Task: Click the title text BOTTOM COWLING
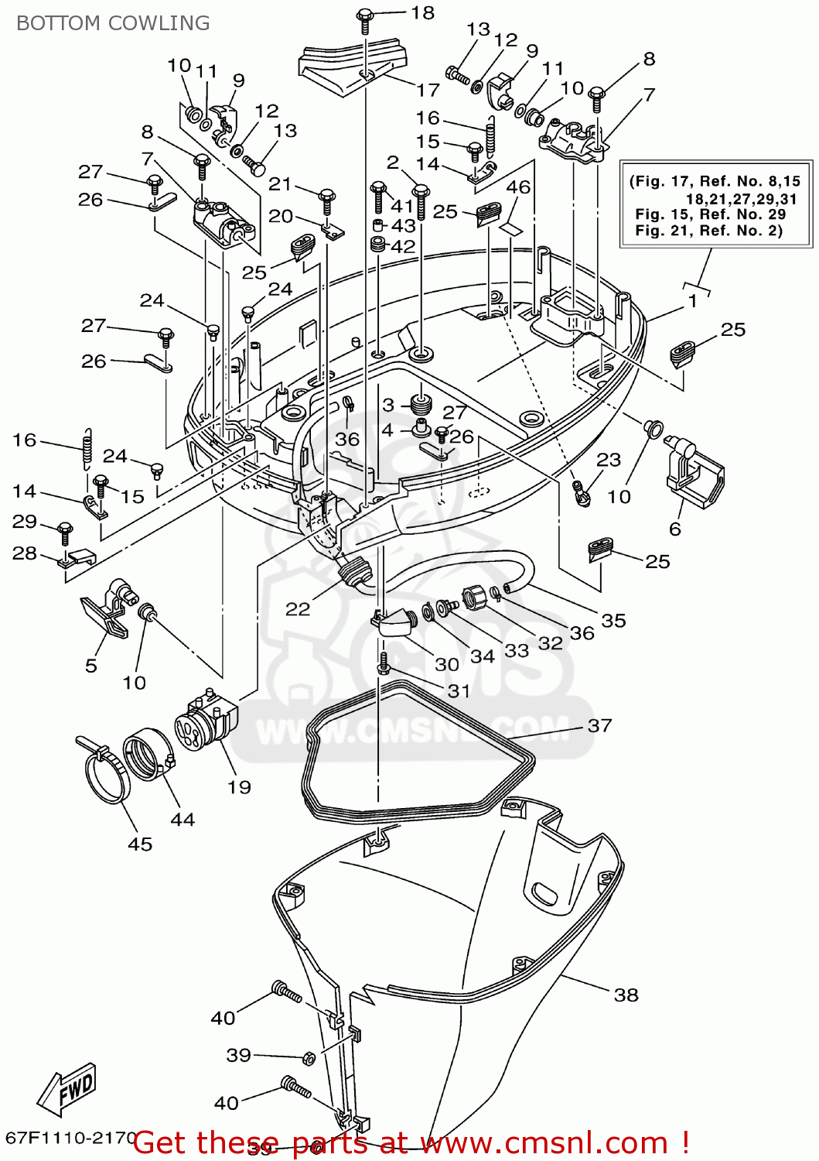[113, 23]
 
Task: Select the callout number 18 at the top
[422, 13]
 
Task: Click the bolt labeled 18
[365, 17]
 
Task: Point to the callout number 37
[599, 725]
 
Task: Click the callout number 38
[626, 995]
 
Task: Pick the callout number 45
[140, 844]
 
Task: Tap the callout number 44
[183, 819]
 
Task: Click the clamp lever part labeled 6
[694, 472]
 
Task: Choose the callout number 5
[91, 666]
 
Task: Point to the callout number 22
[298, 609]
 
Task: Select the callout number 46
[518, 187]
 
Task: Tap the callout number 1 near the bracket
[693, 300]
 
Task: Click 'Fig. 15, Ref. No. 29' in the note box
[710, 214]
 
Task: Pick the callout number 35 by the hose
[613, 620]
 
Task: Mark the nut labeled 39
[308, 1058]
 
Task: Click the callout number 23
[609, 460]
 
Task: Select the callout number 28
[25, 553]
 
